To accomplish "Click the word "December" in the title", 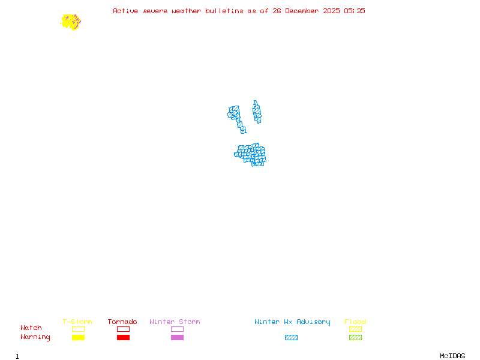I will coord(306,11).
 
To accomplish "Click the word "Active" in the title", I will coord(125,11).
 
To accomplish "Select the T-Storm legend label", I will coord(77,322).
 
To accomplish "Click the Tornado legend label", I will coord(122,322).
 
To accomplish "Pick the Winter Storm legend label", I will coord(175,322).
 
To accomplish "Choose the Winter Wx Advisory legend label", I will coord(292,322).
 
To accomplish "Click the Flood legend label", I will coord(355,322).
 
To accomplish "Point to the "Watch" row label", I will coord(31,328).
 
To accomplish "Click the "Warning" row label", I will coord(35,337).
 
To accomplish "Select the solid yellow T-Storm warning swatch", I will coord(78,338).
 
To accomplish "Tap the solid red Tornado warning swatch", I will coord(123,338).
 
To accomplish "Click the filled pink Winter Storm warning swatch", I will coord(177,338).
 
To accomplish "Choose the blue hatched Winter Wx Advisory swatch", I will coord(291,338).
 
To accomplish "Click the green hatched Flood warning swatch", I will coord(355,338).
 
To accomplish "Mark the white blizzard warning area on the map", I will coord(248,118).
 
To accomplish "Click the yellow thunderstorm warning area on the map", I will coord(69,22).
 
